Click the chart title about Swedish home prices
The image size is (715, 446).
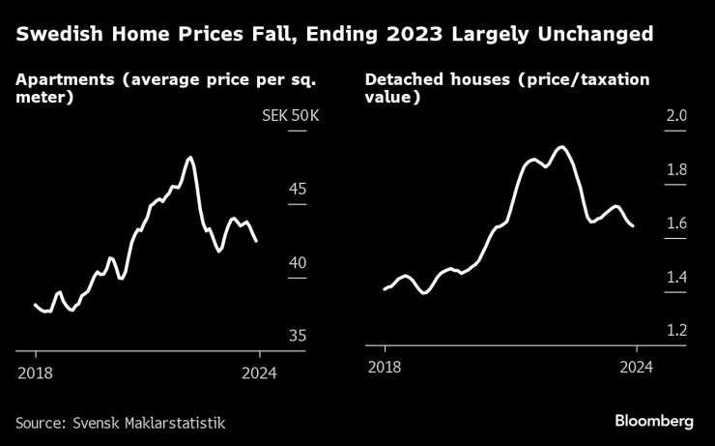333,35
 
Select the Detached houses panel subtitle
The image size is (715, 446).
506,88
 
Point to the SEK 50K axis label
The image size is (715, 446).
290,117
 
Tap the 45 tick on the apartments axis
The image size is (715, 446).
297,189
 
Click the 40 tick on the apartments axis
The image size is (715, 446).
297,263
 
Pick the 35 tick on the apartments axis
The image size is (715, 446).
297,336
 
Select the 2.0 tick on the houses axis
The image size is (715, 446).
675,116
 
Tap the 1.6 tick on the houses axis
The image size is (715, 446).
675,224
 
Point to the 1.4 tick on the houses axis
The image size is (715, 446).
675,279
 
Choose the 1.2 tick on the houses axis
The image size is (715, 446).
675,331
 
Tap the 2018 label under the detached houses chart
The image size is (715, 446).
385,368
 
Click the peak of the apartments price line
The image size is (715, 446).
190,157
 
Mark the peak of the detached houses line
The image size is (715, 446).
562,147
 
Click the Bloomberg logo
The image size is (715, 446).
654,421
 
